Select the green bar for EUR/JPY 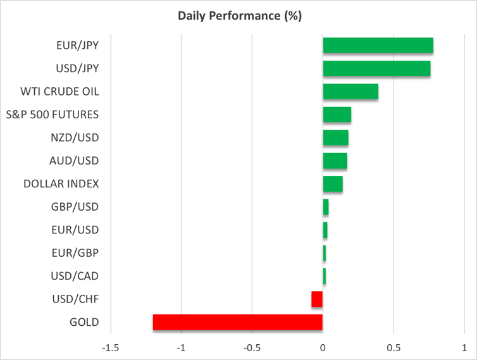pos(378,46)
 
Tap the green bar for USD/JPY pos(376,68)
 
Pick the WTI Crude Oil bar pos(350,92)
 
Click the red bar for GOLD pos(237,322)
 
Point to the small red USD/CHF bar pos(317,299)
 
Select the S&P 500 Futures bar pos(337,115)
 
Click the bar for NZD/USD pos(335,138)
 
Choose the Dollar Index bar pos(333,184)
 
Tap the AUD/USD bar pos(335,161)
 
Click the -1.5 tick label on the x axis pos(111,347)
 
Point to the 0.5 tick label pos(393,347)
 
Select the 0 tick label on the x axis pos(323,347)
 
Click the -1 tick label pos(182,347)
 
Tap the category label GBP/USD pos(74,207)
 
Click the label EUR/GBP pos(75,253)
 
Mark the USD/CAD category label pos(75,276)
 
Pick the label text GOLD pos(85,322)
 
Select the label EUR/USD pos(75,230)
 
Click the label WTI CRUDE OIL pos(60,92)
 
